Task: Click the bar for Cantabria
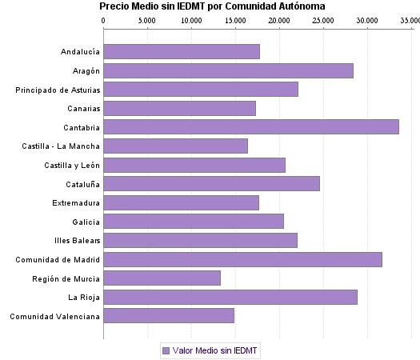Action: click(x=251, y=126)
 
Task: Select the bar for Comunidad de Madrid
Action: click(x=242, y=259)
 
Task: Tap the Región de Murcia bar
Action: click(x=162, y=278)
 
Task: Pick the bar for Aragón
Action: click(x=228, y=70)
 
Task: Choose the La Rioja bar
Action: click(x=230, y=297)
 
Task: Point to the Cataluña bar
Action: click(x=211, y=183)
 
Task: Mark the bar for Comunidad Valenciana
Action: click(x=169, y=316)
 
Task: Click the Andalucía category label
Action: click(x=80, y=52)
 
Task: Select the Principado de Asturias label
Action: click(x=58, y=90)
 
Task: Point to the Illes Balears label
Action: click(x=76, y=241)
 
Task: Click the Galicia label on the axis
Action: click(x=86, y=222)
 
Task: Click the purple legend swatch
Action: click(x=166, y=350)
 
